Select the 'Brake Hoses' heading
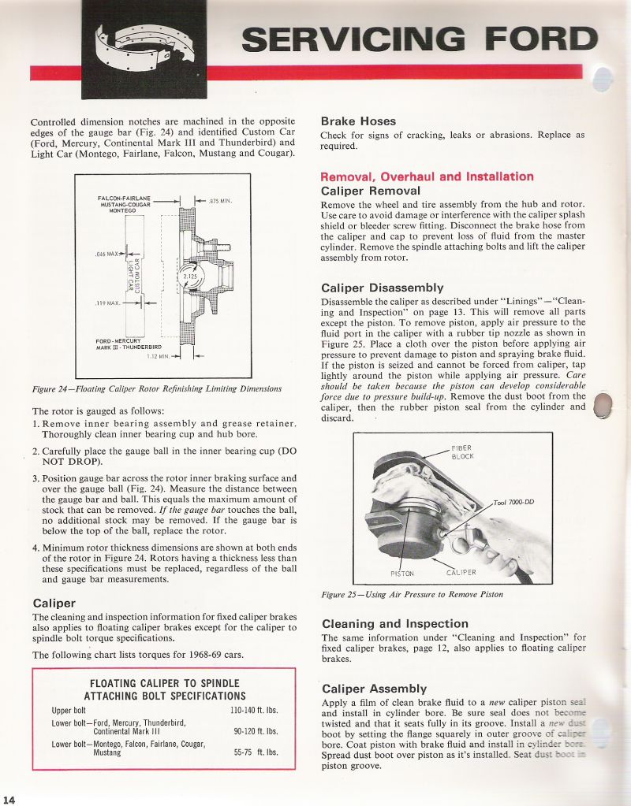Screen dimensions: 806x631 [x=358, y=121]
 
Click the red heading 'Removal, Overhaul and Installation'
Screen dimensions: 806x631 [x=427, y=176]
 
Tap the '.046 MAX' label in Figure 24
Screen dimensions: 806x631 [x=105, y=254]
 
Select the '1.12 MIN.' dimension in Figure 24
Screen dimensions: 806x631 [x=160, y=356]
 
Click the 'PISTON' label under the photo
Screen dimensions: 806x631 [x=402, y=573]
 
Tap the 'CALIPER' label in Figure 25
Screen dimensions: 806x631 [x=462, y=573]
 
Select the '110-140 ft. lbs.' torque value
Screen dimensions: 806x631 [x=253, y=710]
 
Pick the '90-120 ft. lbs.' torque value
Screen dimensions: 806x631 [x=254, y=731]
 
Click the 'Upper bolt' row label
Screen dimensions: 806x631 [x=69, y=710]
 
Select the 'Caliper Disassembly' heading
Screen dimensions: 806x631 [x=383, y=288]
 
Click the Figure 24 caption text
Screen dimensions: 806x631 [x=156, y=388]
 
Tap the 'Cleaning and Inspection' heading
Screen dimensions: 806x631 [x=395, y=623]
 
